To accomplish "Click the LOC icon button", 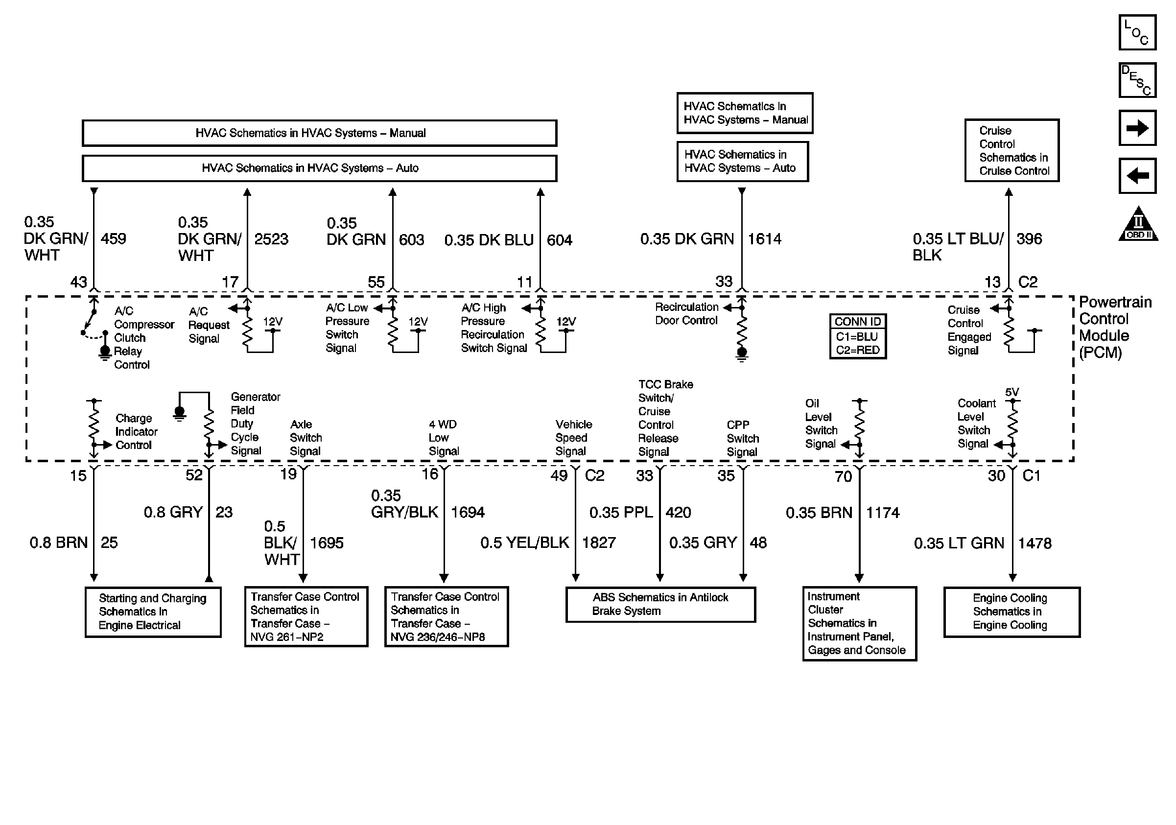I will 1137,33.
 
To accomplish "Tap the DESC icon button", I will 1137,80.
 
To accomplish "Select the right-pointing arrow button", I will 1137,128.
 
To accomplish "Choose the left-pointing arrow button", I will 1137,176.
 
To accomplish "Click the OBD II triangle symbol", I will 1138,225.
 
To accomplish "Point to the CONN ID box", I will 858,336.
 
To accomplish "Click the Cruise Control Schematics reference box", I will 1011,151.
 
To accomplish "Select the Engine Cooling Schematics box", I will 1011,612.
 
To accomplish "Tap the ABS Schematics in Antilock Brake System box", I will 660,605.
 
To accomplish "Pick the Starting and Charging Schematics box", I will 153,612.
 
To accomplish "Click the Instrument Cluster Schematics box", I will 859,623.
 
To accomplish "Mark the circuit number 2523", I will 271,239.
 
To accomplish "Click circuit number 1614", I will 765,239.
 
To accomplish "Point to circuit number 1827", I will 599,543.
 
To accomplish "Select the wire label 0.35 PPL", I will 621,513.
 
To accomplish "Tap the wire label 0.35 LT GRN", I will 959,543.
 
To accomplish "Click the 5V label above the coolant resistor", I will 1011,392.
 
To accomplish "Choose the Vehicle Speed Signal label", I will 574,438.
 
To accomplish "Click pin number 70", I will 843,477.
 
